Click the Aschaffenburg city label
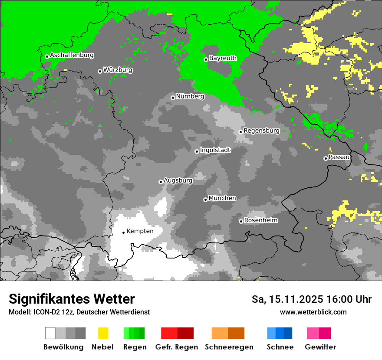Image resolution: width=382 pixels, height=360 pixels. (x=72, y=55)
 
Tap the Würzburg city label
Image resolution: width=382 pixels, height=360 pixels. (x=118, y=70)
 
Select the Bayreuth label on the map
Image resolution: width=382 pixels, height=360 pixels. (x=223, y=58)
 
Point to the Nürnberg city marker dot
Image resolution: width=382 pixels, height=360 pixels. (x=173, y=98)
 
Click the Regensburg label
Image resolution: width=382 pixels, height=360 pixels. (x=261, y=131)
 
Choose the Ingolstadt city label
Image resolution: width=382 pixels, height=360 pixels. (x=215, y=150)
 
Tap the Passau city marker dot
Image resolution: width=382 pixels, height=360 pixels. (x=326, y=158)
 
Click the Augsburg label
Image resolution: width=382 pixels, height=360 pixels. (x=178, y=180)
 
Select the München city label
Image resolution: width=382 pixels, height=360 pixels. (x=222, y=198)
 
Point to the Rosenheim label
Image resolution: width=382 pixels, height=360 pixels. (x=260, y=220)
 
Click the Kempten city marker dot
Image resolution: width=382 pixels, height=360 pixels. (x=123, y=232)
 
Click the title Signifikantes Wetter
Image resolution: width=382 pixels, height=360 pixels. (x=72, y=299)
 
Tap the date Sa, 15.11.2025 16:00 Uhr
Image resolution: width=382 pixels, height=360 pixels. (x=312, y=300)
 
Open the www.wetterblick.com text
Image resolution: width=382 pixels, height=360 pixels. (x=313, y=312)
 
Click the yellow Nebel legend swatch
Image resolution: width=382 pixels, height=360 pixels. (x=103, y=333)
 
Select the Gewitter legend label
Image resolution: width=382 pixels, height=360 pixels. (x=320, y=347)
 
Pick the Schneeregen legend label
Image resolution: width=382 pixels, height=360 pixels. (x=229, y=347)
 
